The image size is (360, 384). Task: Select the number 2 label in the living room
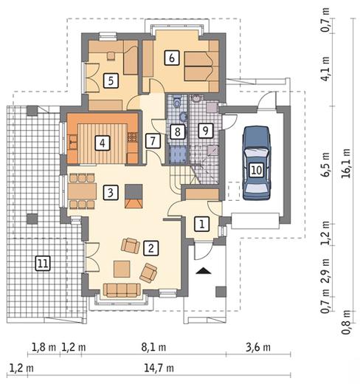click(150, 248)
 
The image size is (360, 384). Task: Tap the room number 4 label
click(103, 143)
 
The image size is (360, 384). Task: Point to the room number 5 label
click(110, 80)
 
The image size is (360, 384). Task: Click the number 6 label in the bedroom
click(171, 57)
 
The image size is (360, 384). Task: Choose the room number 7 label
click(152, 140)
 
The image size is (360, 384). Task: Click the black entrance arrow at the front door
click(201, 271)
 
